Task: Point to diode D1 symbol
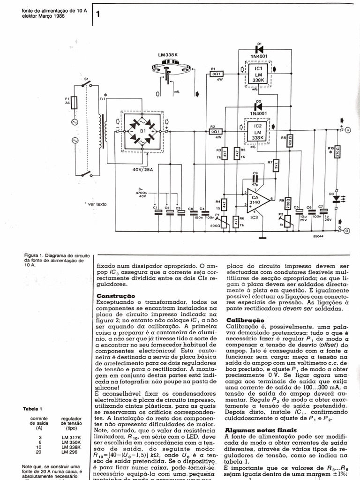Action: point(258,49)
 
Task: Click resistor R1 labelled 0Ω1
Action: point(217,73)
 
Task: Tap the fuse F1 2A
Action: point(74,103)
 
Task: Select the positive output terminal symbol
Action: point(348,131)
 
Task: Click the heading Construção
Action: point(116,296)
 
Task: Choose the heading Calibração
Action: point(244,319)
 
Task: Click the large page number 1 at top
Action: point(98,15)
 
